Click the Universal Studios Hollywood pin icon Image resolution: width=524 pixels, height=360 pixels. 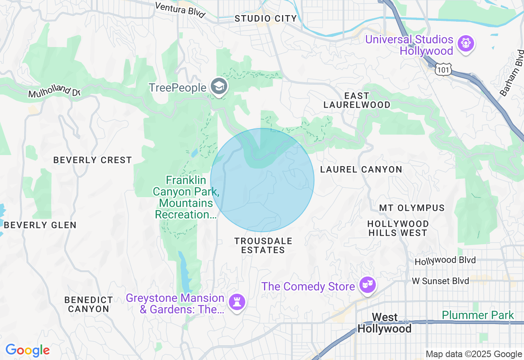tap(466, 43)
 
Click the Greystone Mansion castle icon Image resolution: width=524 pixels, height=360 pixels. tap(237, 302)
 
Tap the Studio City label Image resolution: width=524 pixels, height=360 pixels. tap(266, 18)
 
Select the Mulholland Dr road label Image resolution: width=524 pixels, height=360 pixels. tap(54, 90)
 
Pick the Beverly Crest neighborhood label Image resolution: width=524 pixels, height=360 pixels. tap(93, 160)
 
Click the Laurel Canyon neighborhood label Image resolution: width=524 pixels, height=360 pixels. tap(361, 169)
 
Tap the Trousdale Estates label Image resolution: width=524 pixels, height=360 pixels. tap(263, 245)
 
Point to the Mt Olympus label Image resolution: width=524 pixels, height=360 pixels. tap(412, 208)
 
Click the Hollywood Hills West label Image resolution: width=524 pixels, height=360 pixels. tap(398, 228)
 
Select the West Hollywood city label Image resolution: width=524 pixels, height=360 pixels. tap(384, 323)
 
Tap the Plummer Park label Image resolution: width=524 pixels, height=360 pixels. tap(478, 315)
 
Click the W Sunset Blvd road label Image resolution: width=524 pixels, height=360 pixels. tap(440, 281)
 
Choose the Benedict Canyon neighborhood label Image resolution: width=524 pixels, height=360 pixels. tap(88, 305)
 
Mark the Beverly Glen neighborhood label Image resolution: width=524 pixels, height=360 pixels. tap(40, 225)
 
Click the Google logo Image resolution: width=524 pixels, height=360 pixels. tap(27, 351)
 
